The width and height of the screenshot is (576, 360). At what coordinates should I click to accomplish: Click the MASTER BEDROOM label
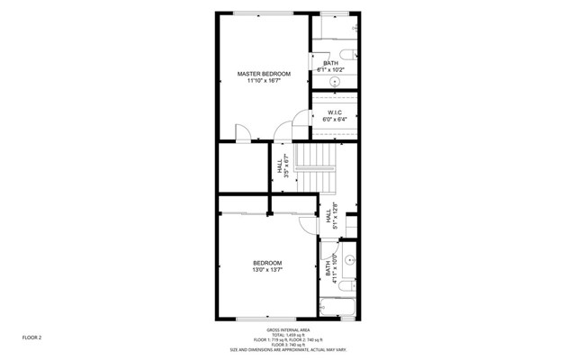264,73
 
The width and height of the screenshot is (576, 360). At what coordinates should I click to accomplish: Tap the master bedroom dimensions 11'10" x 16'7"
264,81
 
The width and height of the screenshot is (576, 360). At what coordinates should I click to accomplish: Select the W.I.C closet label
335,112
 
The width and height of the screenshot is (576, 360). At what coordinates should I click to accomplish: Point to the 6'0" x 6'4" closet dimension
335,120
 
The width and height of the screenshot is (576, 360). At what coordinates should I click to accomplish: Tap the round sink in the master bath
336,81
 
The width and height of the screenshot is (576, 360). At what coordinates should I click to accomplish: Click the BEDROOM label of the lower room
266,263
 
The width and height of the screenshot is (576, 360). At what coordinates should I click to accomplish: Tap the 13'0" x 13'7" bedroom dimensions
266,271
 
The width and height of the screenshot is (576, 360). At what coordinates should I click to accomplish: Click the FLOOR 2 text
32,337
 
